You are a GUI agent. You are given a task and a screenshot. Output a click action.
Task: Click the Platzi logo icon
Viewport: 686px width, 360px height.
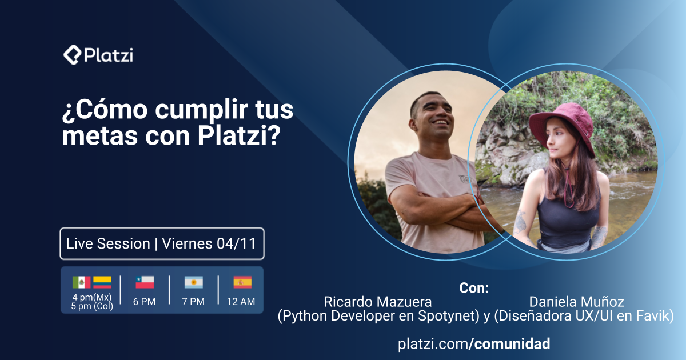pos(72,55)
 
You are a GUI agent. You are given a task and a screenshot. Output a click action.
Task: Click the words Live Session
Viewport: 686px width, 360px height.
pos(108,244)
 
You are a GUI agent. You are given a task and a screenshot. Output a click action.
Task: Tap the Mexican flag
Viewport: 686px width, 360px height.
pos(82,282)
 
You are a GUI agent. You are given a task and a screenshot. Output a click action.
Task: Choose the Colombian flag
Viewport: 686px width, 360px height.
pos(103,282)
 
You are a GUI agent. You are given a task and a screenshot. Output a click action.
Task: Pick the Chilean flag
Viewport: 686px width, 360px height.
pos(145,282)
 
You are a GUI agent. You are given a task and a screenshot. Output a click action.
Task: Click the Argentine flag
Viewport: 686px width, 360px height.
pos(193,282)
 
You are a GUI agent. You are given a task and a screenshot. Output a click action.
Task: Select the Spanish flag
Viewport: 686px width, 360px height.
pos(242,282)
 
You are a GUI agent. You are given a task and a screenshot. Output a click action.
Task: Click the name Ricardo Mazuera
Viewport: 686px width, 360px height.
pos(378,302)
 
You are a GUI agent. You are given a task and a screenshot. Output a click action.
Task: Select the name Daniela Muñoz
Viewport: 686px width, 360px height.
pos(576,302)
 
